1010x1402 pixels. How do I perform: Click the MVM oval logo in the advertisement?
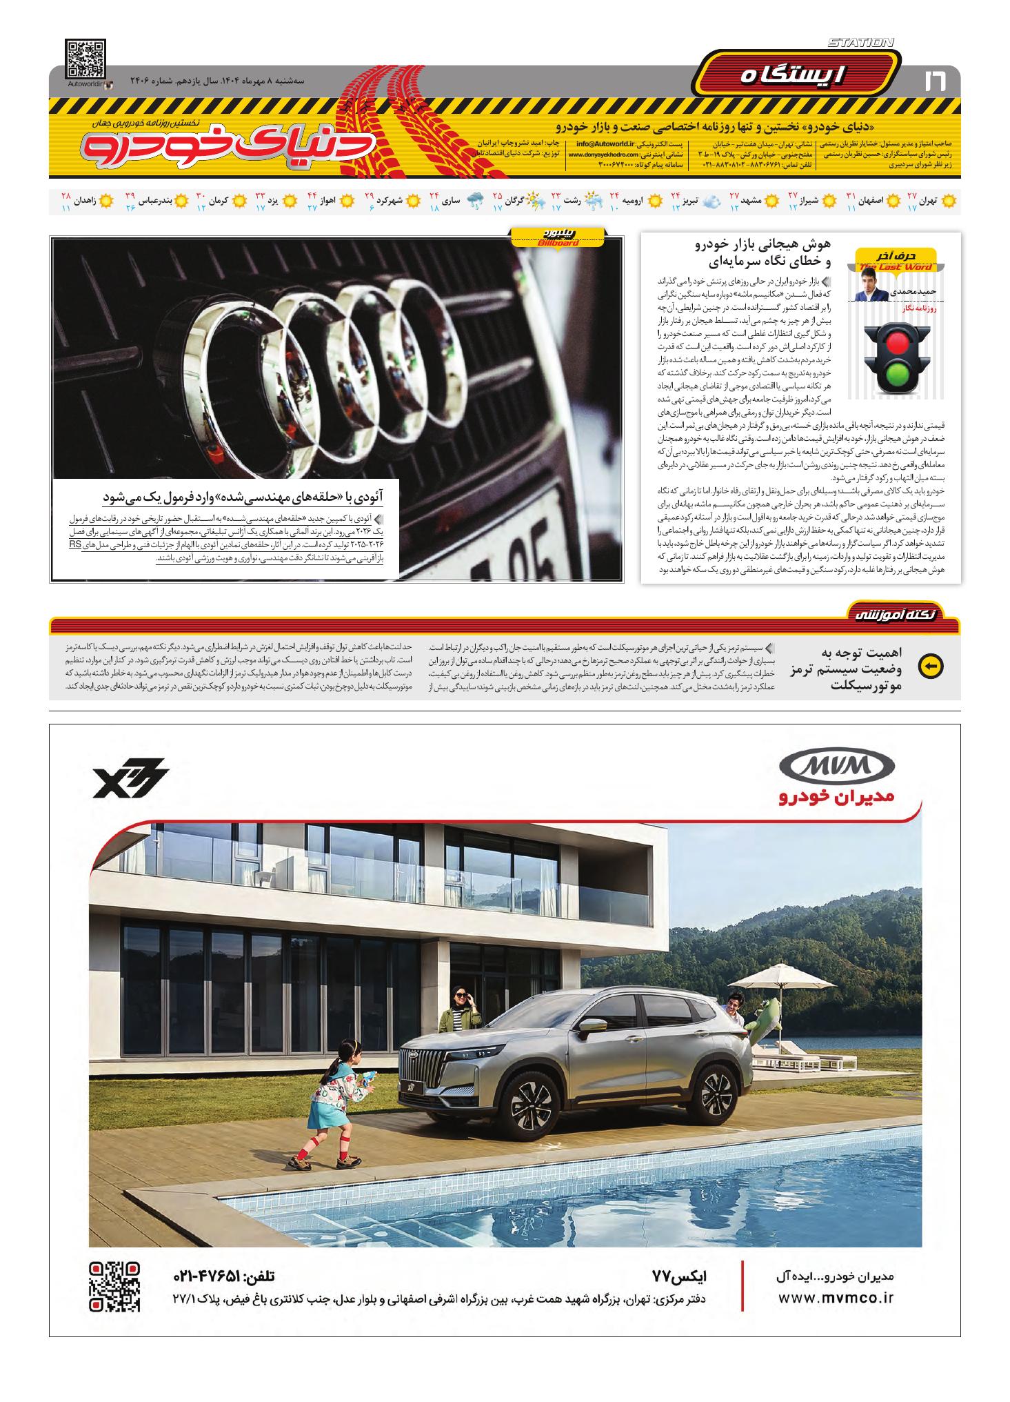(836, 767)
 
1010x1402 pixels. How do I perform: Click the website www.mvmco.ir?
(836, 1297)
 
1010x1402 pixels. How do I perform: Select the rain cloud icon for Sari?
(474, 201)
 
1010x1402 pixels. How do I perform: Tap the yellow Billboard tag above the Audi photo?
(558, 237)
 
